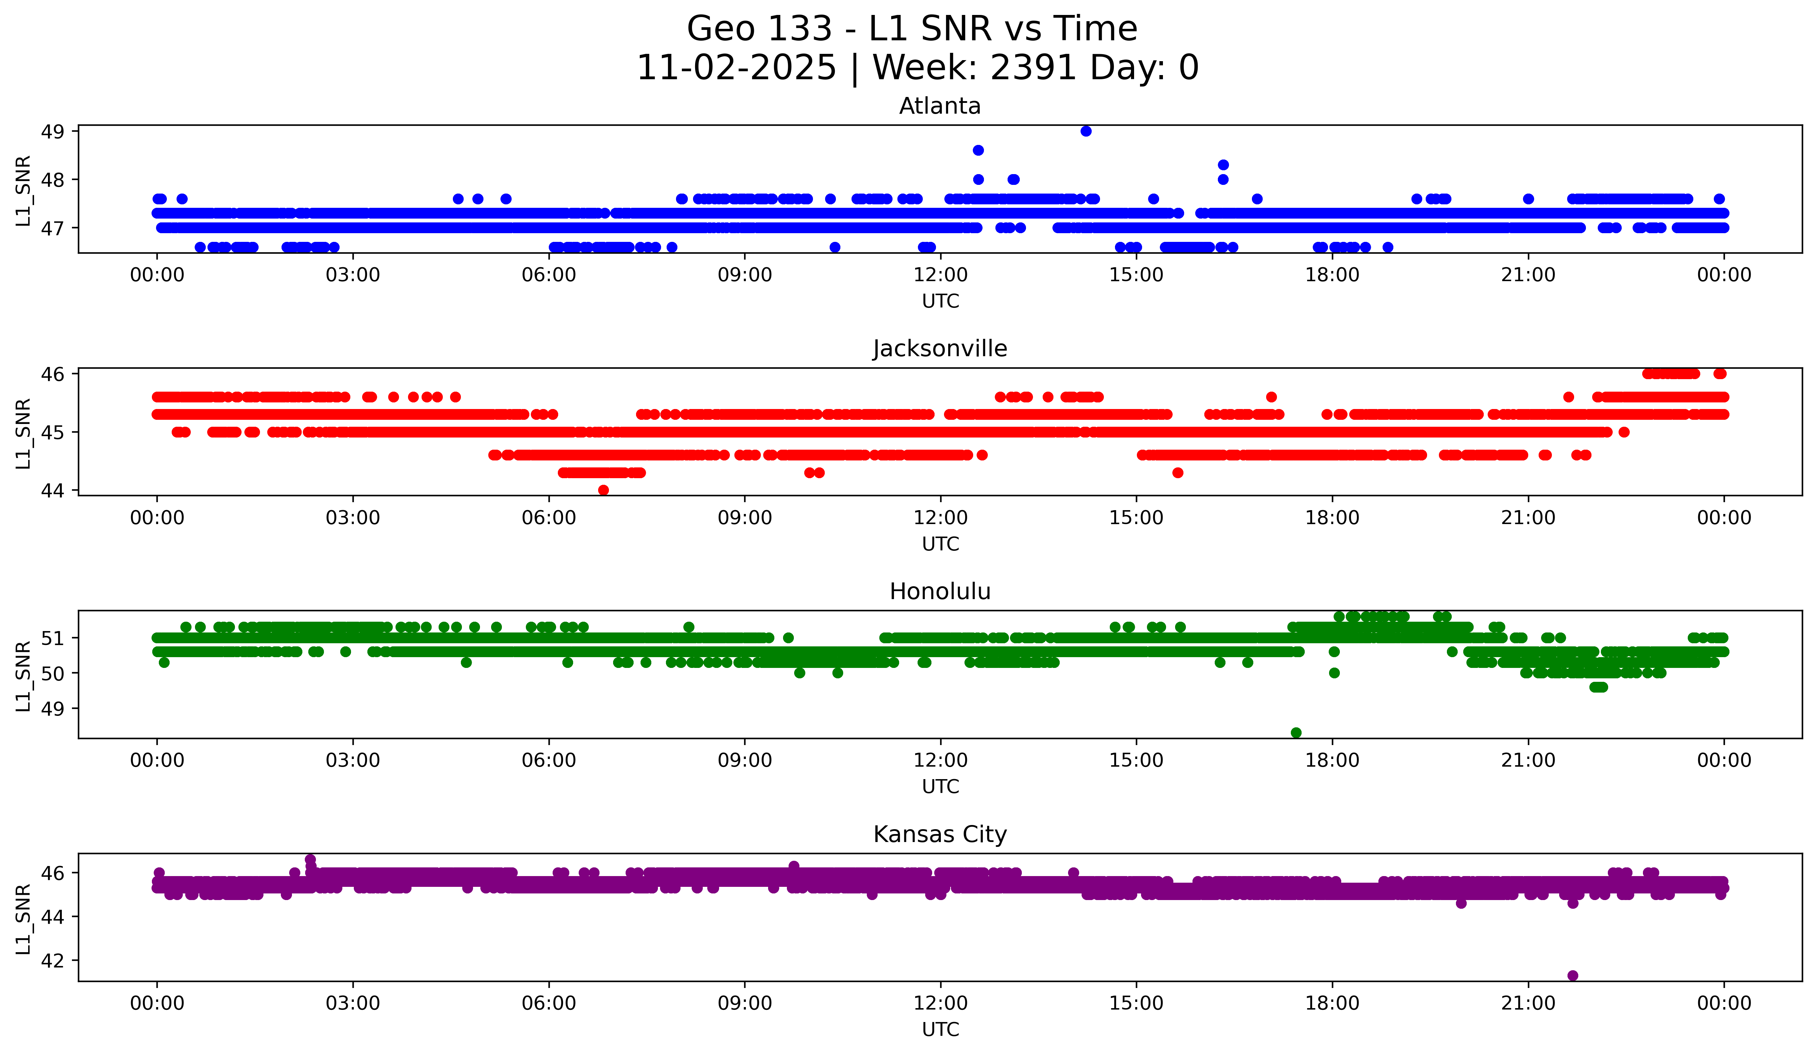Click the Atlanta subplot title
click(940, 106)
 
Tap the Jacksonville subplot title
click(940, 349)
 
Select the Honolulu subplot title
click(940, 591)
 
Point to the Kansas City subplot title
click(940, 834)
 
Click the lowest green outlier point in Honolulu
click(1296, 733)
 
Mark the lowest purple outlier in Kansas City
click(1572, 975)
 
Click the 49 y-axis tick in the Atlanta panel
click(52, 132)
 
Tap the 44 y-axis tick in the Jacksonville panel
click(52, 491)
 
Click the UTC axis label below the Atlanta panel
click(940, 301)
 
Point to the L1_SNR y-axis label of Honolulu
click(23, 675)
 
